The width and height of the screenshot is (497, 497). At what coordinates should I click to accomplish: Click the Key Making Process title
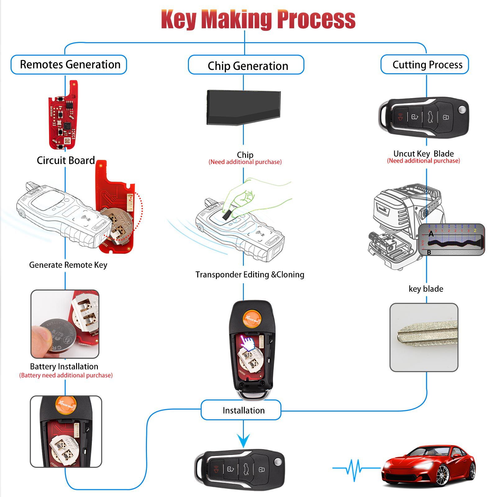(258, 19)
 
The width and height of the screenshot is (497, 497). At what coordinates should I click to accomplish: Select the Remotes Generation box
(69, 65)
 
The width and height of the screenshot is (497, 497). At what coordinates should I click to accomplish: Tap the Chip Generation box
(246, 65)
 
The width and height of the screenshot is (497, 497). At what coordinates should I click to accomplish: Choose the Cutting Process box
(425, 65)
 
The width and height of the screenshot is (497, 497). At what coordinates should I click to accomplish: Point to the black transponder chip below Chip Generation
(244, 107)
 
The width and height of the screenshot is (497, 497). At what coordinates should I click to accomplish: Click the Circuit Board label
(66, 160)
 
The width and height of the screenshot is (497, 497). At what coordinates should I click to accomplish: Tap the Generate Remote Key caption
(68, 265)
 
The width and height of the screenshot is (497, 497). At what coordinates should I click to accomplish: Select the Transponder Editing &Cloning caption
(250, 275)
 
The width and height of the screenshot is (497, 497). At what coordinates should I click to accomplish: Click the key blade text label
(426, 289)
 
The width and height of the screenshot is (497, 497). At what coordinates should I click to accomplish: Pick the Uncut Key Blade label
(423, 154)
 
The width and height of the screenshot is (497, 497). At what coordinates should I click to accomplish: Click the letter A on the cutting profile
(431, 234)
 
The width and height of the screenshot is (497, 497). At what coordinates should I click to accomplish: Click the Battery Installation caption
(64, 367)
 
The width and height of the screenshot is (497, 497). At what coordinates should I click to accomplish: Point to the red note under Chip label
(245, 162)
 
